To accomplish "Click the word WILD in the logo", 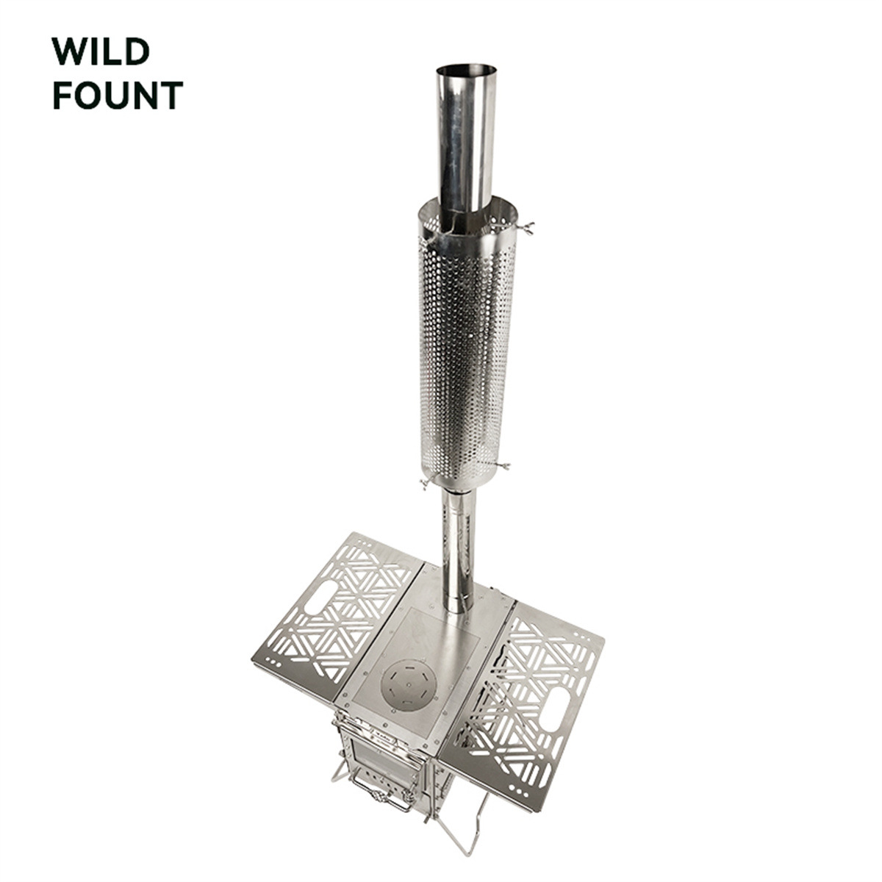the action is pos(101,51).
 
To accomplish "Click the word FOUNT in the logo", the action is pos(118,96).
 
